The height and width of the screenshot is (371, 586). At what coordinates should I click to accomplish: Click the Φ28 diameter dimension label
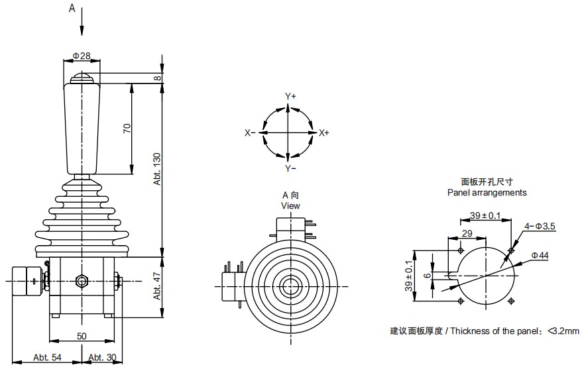point(81,56)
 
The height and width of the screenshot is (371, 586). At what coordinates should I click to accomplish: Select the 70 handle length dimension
point(127,129)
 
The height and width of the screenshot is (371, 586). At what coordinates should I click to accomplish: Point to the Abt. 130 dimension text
point(158,168)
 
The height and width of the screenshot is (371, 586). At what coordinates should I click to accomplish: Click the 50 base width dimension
point(82,337)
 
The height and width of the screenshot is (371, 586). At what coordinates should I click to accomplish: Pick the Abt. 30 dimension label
point(102,358)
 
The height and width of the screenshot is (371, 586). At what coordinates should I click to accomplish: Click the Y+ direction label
point(290,97)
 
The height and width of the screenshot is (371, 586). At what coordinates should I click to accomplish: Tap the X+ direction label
point(324,133)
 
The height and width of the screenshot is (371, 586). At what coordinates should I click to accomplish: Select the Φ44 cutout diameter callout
point(540,255)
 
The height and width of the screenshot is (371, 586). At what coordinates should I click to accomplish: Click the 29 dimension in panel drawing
point(467,234)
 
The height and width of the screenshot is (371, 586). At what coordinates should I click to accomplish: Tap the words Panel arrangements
point(487,193)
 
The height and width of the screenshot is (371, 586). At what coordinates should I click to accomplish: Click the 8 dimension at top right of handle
point(158,78)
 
